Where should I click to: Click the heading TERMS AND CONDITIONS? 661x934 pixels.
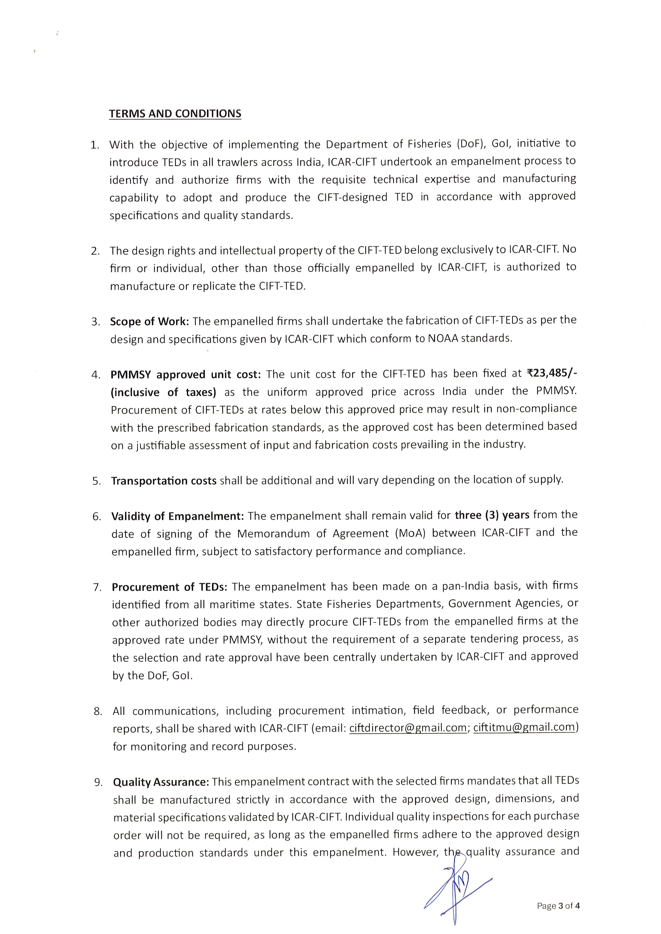pyautogui.click(x=175, y=114)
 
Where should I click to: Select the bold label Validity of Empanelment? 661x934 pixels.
pyautogui.click(x=177, y=516)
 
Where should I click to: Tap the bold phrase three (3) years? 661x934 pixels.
pyautogui.click(x=492, y=515)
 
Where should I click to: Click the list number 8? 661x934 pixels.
pyautogui.click(x=98, y=711)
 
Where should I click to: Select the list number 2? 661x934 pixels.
pyautogui.click(x=96, y=251)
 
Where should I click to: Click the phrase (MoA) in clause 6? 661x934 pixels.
pyautogui.click(x=410, y=533)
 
